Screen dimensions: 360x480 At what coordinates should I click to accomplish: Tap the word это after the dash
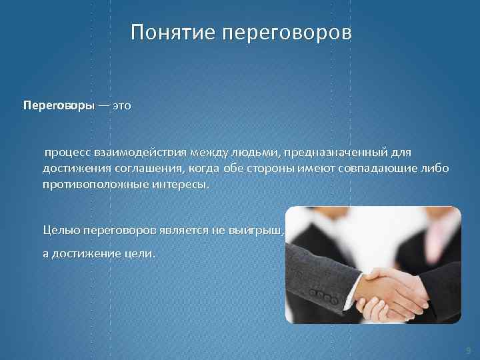121,106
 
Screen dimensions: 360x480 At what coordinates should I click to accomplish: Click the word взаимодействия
137,153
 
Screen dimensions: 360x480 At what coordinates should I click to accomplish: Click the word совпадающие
375,169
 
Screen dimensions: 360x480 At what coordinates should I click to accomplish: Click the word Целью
61,231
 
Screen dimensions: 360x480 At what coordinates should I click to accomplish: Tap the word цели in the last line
137,253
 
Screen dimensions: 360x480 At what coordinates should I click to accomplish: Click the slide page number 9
468,349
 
